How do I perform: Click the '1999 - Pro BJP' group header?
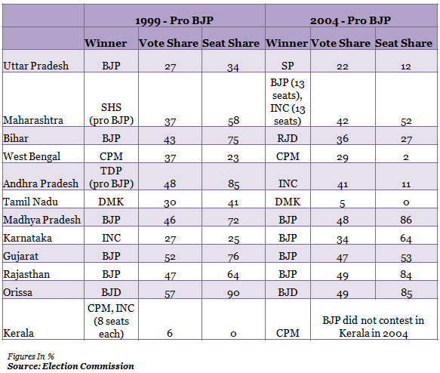[x=174, y=21]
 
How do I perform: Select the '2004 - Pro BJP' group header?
[x=350, y=21]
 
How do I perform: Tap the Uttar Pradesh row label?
[x=35, y=66]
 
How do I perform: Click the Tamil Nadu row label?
[x=30, y=202]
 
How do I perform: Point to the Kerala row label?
[x=18, y=333]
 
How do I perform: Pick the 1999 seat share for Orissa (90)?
[x=233, y=293]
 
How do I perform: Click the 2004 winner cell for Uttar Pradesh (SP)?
[x=288, y=66]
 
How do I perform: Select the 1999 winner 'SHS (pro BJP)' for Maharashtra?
[x=111, y=114]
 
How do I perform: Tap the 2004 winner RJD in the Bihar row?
[x=288, y=138]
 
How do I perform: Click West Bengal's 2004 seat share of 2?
[x=406, y=157]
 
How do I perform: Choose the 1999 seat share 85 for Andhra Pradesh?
[x=233, y=184]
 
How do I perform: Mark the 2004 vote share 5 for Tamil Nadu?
[x=342, y=203]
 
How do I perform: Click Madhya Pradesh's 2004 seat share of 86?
[x=406, y=220]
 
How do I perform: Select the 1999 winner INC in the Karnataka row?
[x=111, y=238]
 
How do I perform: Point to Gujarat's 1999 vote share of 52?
[x=170, y=257]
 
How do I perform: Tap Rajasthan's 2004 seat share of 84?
[x=406, y=275]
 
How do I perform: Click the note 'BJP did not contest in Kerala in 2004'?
[x=374, y=327]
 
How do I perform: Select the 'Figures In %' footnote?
[x=31, y=356]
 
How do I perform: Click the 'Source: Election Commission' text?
[x=70, y=366]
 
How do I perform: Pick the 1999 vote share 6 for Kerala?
[x=170, y=333]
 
